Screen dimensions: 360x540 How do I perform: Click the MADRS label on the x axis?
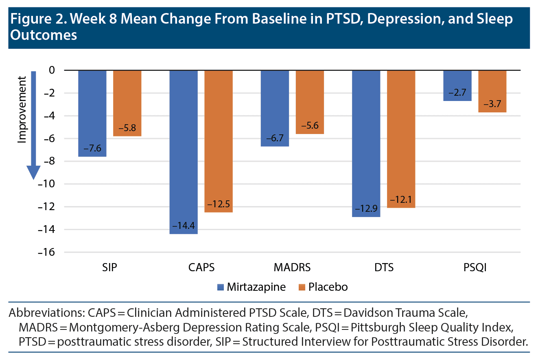click(x=292, y=268)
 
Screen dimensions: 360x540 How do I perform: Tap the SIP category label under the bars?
click(x=110, y=268)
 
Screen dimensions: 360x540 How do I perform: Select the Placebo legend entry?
click(x=328, y=287)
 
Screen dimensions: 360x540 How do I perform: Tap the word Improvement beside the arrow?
click(x=22, y=109)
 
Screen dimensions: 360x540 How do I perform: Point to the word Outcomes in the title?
click(x=43, y=35)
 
